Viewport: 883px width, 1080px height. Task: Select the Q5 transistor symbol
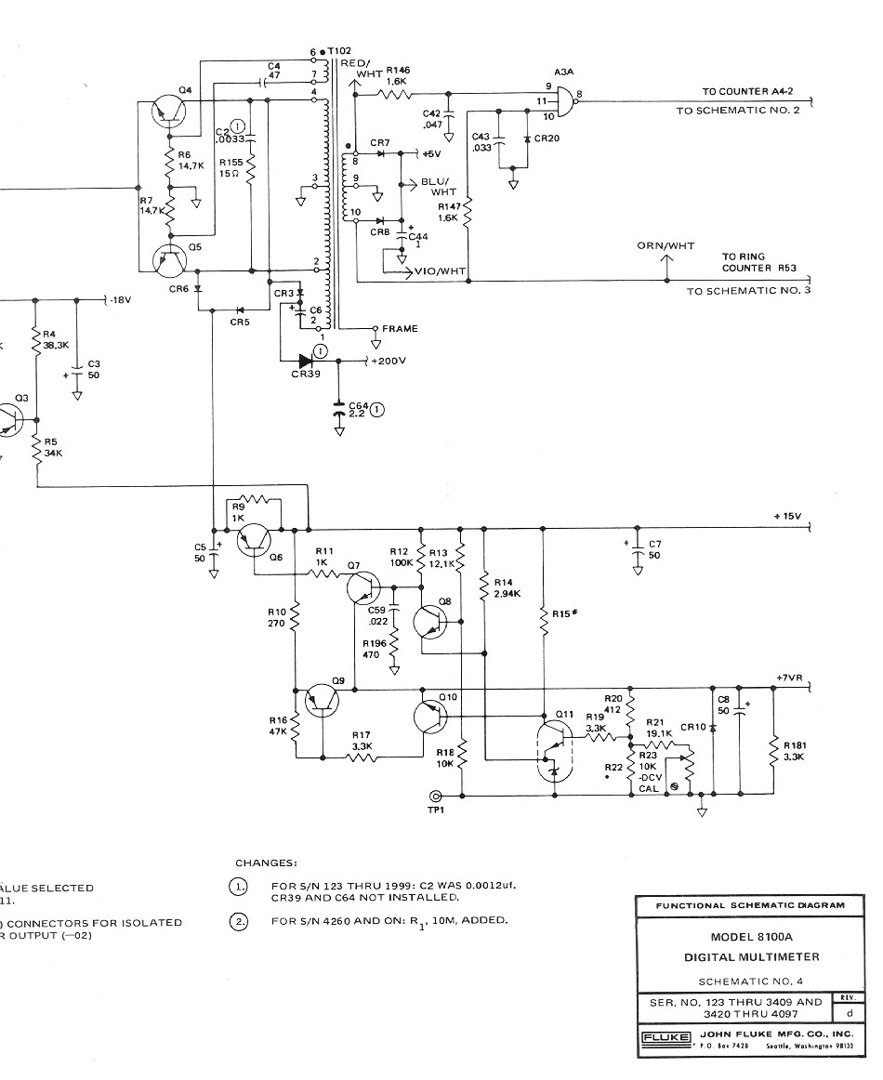[169, 262]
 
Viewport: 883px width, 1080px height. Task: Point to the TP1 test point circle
[435, 797]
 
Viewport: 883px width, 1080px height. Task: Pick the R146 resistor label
[399, 70]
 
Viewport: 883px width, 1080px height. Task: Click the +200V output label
[388, 360]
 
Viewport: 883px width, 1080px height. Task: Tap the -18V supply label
[120, 300]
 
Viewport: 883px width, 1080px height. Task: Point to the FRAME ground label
[400, 328]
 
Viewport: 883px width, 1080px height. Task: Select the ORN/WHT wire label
[666, 246]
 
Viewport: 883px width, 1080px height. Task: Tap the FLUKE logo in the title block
[664, 1036]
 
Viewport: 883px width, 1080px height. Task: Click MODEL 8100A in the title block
[748, 937]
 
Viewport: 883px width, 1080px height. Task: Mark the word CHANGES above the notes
[266, 863]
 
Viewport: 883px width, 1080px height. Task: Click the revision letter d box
[848, 1014]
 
